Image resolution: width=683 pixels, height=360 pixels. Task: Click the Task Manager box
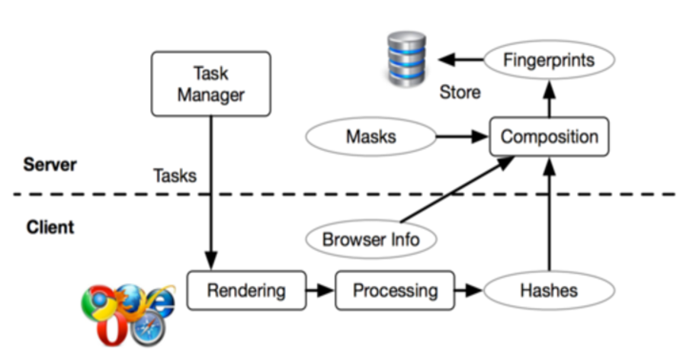tap(211, 84)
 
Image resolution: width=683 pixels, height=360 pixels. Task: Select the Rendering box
tap(246, 290)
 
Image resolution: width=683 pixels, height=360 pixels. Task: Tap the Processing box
tap(396, 290)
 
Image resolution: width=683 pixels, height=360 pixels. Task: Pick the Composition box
tap(549, 137)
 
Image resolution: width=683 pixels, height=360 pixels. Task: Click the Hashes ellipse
tap(549, 290)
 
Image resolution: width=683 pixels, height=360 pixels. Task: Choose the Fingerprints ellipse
tap(549, 59)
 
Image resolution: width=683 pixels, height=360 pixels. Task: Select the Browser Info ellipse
tap(370, 239)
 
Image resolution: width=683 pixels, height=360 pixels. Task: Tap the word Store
tap(460, 92)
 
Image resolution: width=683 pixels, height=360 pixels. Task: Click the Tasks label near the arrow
tap(175, 175)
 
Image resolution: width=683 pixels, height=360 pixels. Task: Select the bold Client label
tap(50, 227)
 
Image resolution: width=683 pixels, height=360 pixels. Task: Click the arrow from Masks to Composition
tap(461, 137)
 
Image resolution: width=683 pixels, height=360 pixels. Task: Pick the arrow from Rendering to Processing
tap(320, 290)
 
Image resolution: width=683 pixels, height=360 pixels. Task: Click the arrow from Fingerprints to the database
tap(460, 59)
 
